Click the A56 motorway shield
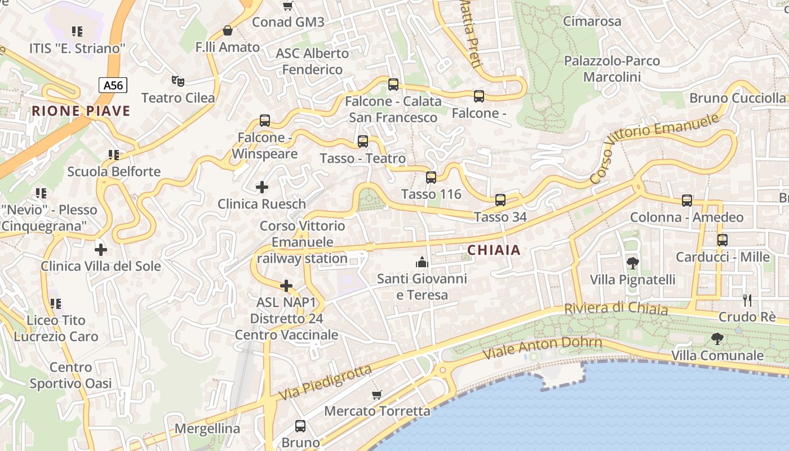tap(113, 85)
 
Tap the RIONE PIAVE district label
tap(81, 110)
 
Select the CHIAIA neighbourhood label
tap(494, 250)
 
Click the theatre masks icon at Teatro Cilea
tap(178, 81)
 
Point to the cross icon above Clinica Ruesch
tap(262, 187)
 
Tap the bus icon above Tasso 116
tap(431, 178)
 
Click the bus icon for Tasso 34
tap(500, 200)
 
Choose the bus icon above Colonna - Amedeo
tap(686, 200)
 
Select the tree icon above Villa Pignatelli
tap(632, 263)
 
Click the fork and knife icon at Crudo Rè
tap(747, 300)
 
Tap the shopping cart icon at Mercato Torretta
tap(377, 395)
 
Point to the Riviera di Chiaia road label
tap(616, 308)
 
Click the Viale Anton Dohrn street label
tap(543, 348)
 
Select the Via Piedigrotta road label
tap(326, 383)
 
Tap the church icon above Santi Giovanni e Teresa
tap(422, 262)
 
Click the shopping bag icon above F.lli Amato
tap(228, 30)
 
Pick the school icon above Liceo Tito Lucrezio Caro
tap(55, 304)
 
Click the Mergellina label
tap(207, 428)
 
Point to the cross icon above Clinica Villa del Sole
tap(101, 249)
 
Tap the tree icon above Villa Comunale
tap(717, 339)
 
